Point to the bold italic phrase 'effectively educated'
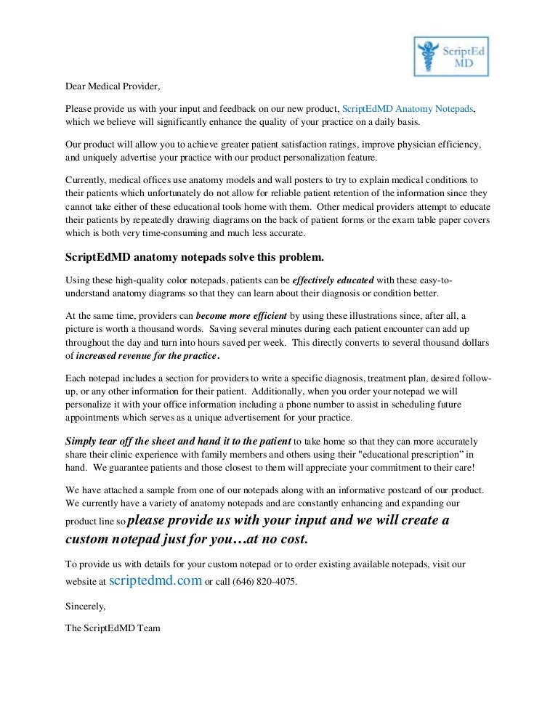333,280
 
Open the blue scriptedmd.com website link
155,582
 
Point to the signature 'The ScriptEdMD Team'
113,628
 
